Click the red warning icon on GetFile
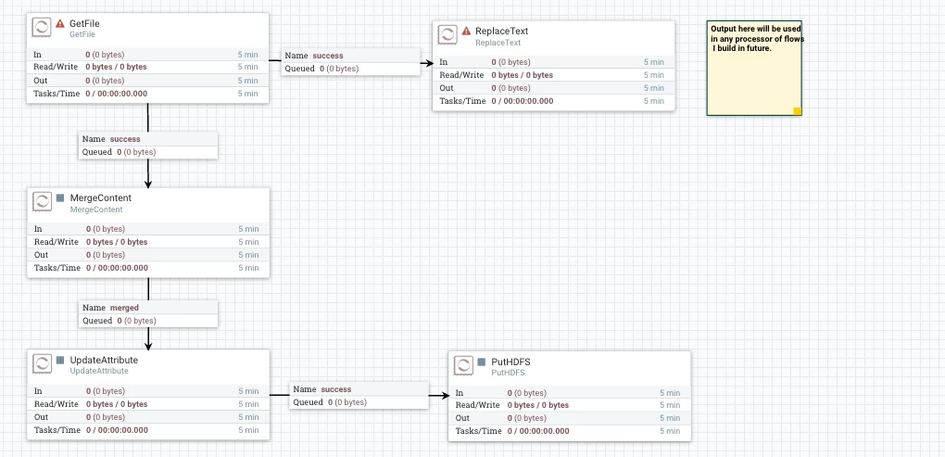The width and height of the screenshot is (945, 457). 60,23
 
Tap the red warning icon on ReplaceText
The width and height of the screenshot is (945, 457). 466,31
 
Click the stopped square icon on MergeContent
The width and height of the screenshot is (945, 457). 60,197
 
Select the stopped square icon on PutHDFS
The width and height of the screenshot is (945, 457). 482,362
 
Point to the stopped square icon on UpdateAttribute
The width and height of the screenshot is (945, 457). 60,360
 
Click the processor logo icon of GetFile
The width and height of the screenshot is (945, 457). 42,28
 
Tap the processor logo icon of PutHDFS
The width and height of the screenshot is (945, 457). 463,366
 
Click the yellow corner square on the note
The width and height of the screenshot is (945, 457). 798,111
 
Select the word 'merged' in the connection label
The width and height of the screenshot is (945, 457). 124,308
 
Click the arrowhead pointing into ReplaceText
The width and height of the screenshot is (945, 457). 429,63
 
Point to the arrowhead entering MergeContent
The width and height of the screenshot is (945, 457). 148,184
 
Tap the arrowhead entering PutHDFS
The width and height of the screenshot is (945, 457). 445,396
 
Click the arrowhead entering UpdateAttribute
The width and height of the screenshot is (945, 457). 148,346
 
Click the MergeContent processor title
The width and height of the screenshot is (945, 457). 101,197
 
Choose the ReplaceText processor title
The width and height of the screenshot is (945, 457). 502,31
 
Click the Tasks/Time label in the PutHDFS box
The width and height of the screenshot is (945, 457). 479,431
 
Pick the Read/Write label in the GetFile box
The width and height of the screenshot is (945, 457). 56,67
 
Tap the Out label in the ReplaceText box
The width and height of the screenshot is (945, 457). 447,88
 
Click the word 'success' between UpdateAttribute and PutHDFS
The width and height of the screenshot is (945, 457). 335,389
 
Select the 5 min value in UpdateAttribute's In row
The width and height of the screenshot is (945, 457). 248,391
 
